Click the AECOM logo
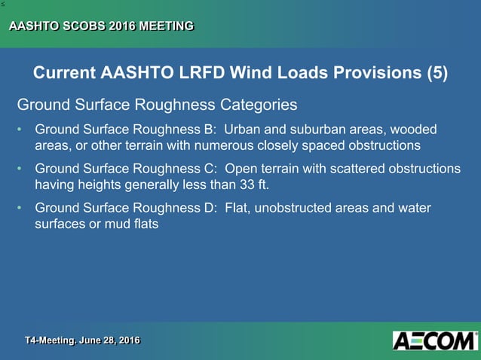click(x=435, y=340)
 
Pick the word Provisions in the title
click(x=365, y=73)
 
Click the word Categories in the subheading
click(x=259, y=103)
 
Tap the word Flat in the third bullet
click(x=237, y=209)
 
